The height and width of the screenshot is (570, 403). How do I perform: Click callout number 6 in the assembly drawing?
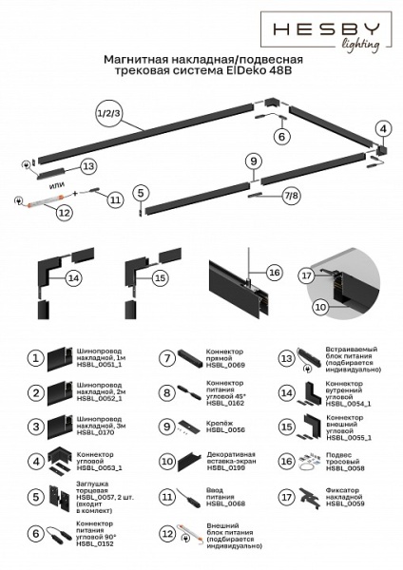[x=280, y=137]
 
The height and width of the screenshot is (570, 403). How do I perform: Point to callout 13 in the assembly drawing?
[x=87, y=165]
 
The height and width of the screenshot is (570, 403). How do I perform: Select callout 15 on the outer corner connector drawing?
[x=160, y=277]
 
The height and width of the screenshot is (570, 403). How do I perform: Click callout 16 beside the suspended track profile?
[x=275, y=273]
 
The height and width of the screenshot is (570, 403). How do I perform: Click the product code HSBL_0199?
[x=226, y=467]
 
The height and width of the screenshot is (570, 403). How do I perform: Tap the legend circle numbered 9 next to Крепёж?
[x=165, y=427]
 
